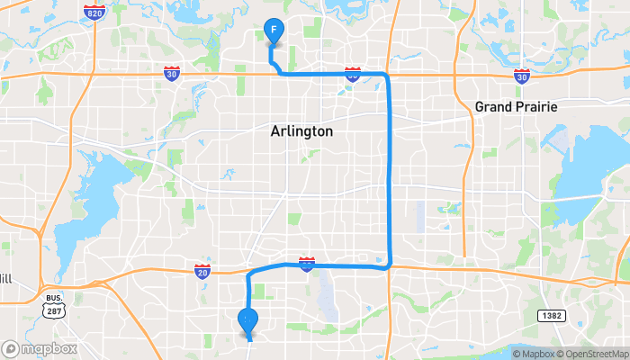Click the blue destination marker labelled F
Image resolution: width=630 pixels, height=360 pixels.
(274, 31)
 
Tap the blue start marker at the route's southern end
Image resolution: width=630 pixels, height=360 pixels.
(247, 320)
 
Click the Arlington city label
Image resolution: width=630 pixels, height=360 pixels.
(301, 131)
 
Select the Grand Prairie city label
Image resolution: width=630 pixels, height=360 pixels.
(517, 107)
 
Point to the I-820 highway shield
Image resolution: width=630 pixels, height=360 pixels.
(92, 13)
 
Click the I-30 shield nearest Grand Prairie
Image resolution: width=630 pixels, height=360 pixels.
(522, 76)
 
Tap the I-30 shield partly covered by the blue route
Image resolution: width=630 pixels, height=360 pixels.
(352, 76)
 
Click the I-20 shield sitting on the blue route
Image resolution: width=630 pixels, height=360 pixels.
(307, 263)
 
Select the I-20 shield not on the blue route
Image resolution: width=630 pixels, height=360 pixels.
(202, 271)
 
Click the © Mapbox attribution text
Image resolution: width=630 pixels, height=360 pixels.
(534, 353)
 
